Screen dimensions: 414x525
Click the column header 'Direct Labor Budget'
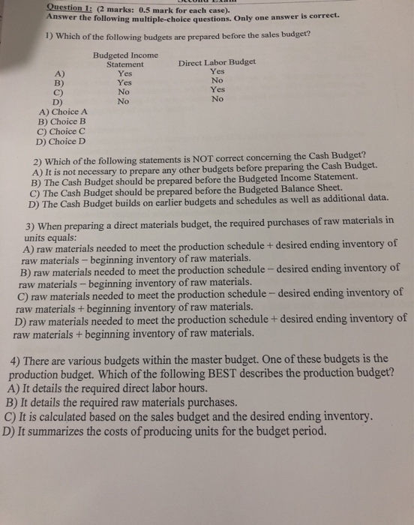point(217,62)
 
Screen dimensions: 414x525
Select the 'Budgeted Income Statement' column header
point(125,60)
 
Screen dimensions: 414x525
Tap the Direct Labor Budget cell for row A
point(217,72)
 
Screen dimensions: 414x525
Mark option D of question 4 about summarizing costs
point(165,432)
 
